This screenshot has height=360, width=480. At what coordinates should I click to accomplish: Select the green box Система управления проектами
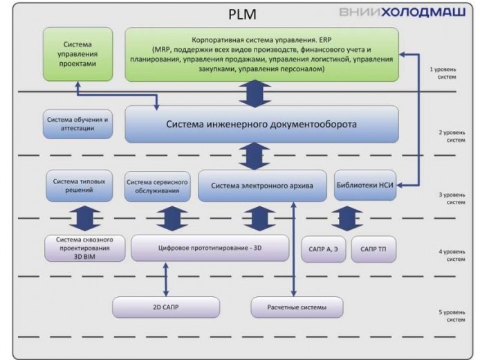[77, 53]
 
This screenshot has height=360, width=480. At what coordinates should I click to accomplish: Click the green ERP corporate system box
[261, 54]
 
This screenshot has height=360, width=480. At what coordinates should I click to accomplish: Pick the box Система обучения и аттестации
[78, 123]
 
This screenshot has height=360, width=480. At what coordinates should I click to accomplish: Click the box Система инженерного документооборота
[261, 124]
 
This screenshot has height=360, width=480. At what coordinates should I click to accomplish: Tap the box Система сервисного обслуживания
[158, 186]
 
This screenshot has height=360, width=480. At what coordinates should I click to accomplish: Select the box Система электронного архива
[262, 186]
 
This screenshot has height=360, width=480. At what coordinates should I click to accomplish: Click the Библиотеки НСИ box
[365, 186]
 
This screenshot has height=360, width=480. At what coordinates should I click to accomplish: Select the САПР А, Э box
[323, 249]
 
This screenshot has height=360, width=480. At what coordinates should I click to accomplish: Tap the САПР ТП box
[373, 249]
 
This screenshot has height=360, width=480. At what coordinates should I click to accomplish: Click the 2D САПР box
[166, 307]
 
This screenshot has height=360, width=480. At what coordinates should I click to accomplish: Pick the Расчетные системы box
[297, 307]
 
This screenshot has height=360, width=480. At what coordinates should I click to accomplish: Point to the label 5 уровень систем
[451, 317]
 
